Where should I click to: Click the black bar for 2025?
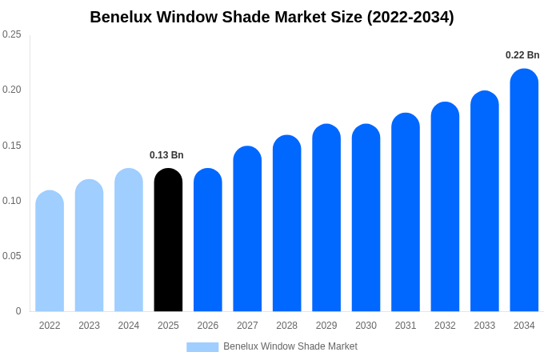point(168,240)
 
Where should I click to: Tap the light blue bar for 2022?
point(50,251)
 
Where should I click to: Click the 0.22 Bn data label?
point(522,55)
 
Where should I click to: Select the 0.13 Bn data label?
point(166,155)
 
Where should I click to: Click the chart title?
point(272,17)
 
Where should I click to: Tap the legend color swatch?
point(202,346)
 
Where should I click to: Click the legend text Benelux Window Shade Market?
point(290,346)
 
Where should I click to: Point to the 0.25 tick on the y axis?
point(12,34)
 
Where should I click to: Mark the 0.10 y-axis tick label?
point(12,201)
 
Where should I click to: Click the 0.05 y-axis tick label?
point(12,256)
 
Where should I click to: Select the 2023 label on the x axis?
point(89,326)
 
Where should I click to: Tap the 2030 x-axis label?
point(366,326)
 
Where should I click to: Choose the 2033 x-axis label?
point(485,326)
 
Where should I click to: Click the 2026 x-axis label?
point(208,326)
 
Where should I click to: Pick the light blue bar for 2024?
point(129,240)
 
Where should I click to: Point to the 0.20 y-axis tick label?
point(12,90)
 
